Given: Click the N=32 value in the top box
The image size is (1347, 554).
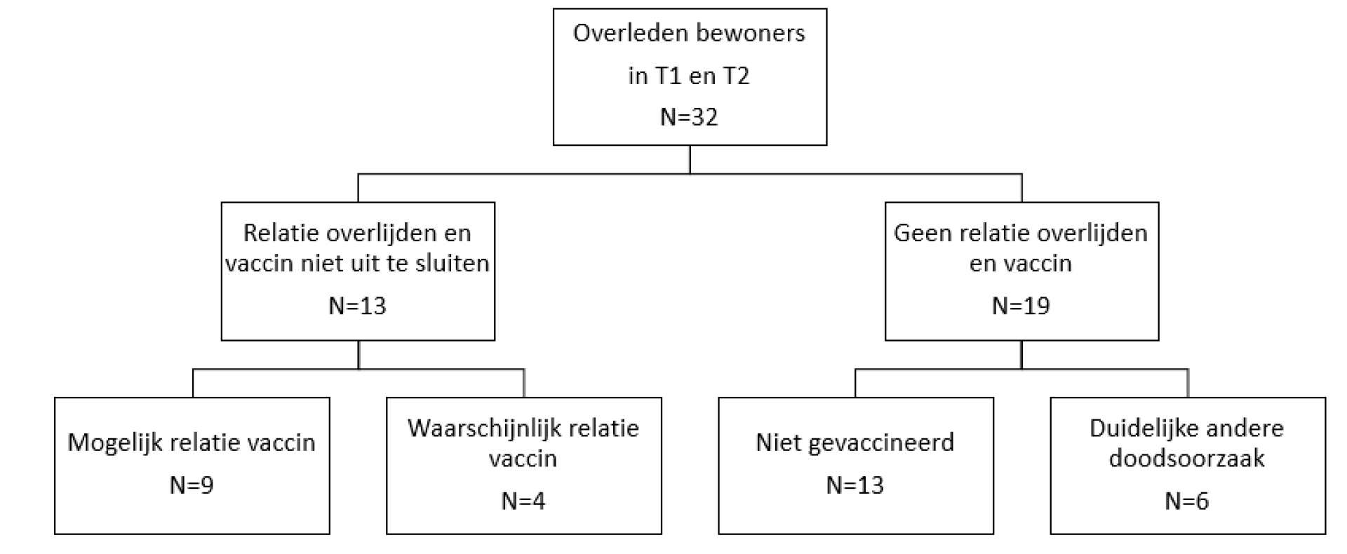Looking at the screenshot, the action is click(689, 117).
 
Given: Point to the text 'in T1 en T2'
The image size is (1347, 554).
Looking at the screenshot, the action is click(689, 75).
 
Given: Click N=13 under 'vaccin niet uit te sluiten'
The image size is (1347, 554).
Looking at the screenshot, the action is click(358, 306).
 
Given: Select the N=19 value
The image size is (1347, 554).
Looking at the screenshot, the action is click(1021, 306).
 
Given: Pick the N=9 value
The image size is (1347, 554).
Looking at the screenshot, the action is click(192, 485).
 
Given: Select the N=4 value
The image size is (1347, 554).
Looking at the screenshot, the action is click(523, 501).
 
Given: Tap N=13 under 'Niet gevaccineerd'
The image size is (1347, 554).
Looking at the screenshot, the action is click(855, 485).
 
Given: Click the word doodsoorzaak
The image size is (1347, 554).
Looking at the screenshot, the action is click(1186, 459).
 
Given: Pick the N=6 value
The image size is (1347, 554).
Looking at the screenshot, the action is click(1186, 501).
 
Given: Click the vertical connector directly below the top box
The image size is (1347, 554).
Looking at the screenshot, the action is click(690, 159).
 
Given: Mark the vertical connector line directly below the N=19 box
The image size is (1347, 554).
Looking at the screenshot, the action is click(1021, 355).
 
